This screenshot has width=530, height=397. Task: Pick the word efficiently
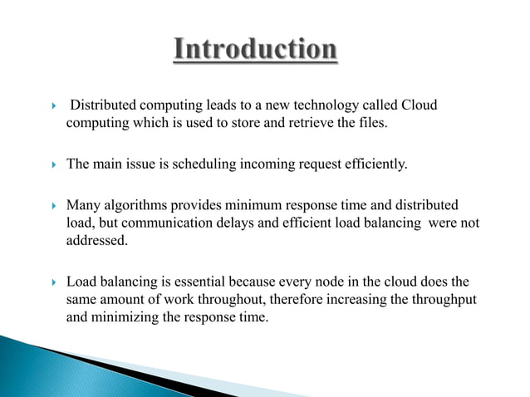point(374,164)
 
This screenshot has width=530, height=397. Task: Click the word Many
point(83,204)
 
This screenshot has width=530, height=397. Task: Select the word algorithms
point(135,204)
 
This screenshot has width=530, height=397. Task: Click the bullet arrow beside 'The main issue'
point(52,164)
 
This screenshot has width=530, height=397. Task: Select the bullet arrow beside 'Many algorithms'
point(52,205)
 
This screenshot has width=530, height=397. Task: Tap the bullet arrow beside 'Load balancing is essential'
point(52,282)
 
